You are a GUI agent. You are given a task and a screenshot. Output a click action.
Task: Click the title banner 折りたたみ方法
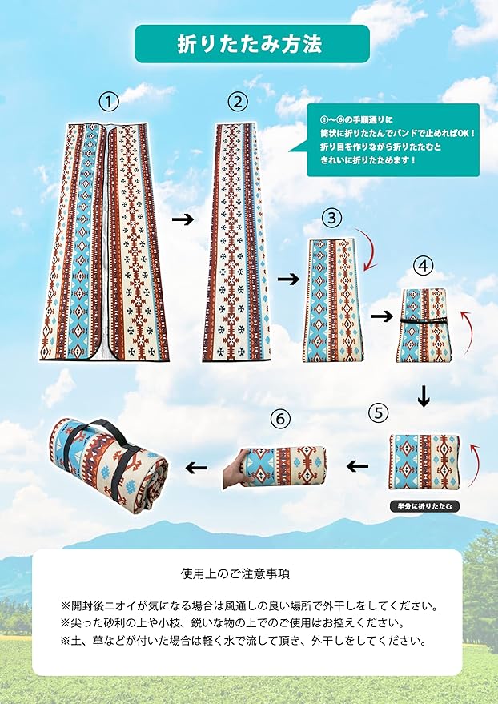[x=251, y=44]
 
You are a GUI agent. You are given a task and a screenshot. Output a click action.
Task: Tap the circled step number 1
[x=109, y=102]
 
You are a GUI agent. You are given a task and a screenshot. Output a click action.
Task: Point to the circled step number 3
[x=333, y=217]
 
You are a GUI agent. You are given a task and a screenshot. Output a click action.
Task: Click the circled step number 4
[x=423, y=264]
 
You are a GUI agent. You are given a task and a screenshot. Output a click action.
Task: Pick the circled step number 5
[x=378, y=413]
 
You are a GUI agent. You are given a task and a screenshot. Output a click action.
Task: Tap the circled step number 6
[x=279, y=418]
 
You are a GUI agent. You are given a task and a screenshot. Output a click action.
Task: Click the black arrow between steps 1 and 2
[x=183, y=219]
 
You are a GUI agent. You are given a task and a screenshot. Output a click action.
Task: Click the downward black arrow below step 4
[x=424, y=396]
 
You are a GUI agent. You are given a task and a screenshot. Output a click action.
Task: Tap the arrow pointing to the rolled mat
[x=195, y=466]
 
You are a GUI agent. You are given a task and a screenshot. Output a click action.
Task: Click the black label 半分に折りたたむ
[x=424, y=506]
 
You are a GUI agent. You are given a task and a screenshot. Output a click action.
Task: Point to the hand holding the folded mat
[x=237, y=470]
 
